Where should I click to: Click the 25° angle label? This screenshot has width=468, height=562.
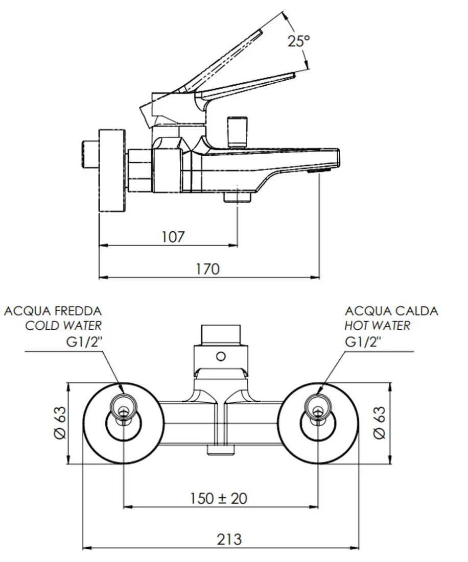point(298,41)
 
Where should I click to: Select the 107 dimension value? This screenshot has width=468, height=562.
point(173,237)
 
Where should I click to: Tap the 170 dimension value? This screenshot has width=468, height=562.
point(207,268)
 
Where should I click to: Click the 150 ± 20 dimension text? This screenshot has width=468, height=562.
point(219,498)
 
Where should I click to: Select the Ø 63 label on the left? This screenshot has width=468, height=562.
point(60,423)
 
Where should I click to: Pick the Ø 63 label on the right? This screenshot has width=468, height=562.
point(379,423)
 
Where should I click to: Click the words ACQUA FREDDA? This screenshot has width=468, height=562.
point(53,311)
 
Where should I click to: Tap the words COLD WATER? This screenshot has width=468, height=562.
point(63,326)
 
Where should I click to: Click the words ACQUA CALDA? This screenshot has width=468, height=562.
point(391,311)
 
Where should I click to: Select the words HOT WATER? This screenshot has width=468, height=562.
point(378,326)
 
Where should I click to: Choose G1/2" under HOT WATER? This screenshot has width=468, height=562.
point(363,341)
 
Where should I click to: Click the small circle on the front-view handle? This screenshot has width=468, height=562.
point(221,356)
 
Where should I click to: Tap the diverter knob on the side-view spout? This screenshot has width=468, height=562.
point(238,131)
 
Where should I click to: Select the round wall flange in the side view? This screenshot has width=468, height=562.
point(111,170)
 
